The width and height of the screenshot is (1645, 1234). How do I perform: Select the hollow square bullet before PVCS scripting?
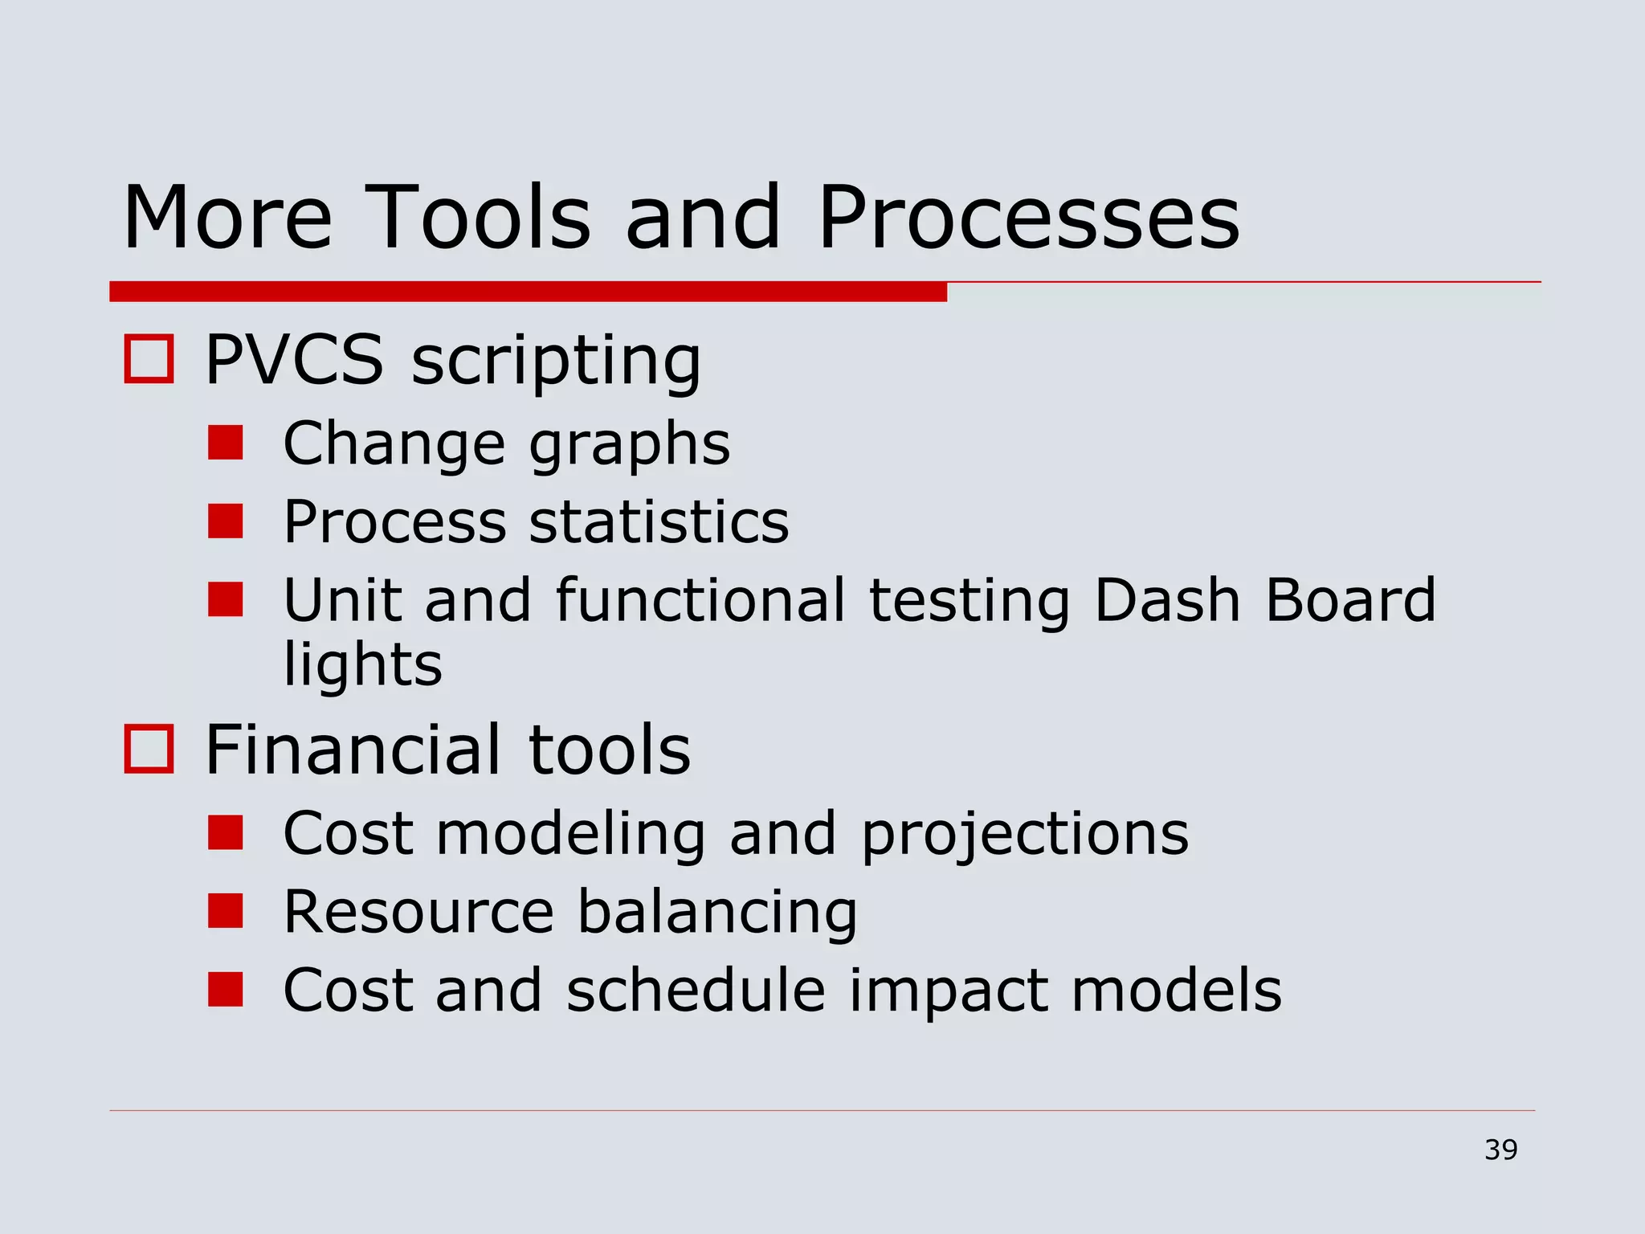[149, 359]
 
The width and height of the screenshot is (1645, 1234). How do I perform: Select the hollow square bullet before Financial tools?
[149, 749]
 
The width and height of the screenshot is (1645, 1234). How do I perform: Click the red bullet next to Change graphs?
[225, 443]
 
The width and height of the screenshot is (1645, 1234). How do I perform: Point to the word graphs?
[630, 444]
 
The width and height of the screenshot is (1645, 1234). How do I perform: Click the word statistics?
[659, 521]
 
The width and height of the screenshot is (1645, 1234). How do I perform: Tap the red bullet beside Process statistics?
[225, 521]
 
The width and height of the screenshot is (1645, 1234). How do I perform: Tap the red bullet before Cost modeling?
[225, 832]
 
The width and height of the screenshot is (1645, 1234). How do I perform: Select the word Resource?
[418, 911]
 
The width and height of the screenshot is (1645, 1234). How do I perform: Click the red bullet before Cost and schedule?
[225, 989]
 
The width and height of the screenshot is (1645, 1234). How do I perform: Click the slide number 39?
[1500, 1150]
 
